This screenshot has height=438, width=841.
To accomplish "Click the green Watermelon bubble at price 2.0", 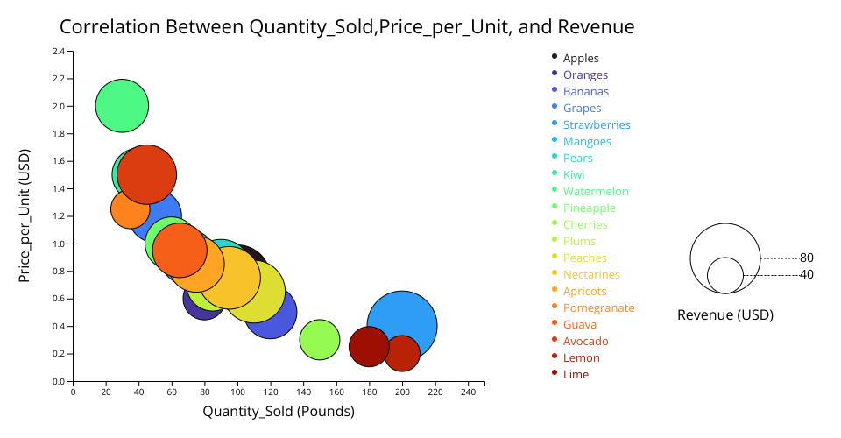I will tap(122, 106).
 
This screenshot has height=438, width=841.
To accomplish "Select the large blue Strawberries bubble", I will tap(402, 326).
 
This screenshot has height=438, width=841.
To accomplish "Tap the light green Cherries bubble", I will tap(320, 340).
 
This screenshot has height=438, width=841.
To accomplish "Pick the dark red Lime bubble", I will tap(369, 346).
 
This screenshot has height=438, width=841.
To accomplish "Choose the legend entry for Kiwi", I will tap(574, 175).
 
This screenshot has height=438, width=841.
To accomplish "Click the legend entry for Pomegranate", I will tap(598, 308).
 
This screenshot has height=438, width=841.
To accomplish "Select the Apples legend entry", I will tap(581, 59).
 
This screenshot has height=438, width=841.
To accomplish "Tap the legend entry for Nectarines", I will tap(591, 275).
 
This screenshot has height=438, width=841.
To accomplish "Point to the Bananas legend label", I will tap(585, 92).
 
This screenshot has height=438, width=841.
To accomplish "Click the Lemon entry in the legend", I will tap(581, 358).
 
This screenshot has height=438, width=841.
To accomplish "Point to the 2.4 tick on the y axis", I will tap(59, 52).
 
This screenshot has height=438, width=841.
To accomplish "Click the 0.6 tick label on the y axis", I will tap(59, 299).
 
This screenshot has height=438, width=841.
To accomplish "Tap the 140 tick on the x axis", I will tap(303, 392).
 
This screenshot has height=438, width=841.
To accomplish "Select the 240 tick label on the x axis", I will tap(468, 392).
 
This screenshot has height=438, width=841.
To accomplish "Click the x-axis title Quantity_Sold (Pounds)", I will tap(279, 411).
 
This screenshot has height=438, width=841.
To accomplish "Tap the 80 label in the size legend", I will tap(807, 258).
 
